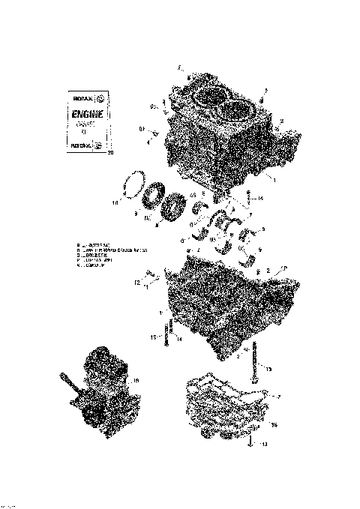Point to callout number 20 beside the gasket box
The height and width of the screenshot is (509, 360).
click(x=112, y=154)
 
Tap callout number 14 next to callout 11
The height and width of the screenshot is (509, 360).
click(x=181, y=339)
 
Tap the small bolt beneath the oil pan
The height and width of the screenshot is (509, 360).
click(x=248, y=442)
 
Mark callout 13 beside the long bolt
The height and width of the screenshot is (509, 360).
click(x=269, y=369)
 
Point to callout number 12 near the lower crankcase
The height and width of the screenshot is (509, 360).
click(x=138, y=283)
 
